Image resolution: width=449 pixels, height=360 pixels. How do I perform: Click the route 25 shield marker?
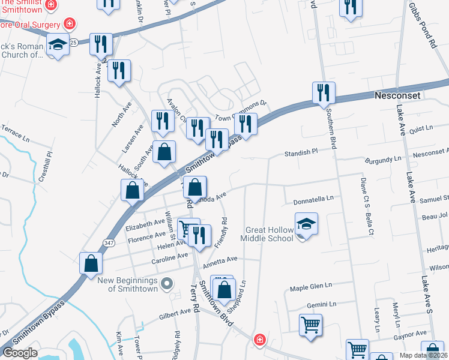[73, 43]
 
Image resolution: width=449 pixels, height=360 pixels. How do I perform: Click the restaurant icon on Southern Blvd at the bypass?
[324, 92]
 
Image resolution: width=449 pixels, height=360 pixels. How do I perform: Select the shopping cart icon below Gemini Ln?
[310, 325]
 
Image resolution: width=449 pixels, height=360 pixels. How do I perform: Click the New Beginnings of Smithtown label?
[128, 284]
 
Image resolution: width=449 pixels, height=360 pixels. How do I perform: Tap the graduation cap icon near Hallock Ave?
[58, 46]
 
